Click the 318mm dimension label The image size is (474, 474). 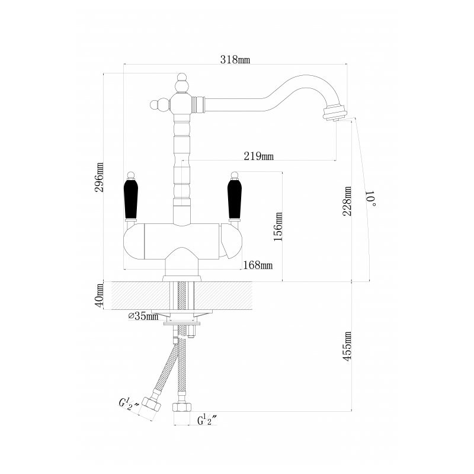coord(235,60)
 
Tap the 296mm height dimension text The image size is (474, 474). coord(99,177)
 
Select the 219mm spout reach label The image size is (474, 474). coord(259,156)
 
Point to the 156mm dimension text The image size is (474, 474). coord(278,226)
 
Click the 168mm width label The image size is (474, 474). coord(258,265)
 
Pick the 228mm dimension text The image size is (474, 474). coord(347,201)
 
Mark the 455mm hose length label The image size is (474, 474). coord(347,346)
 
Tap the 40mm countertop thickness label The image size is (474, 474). coord(99,295)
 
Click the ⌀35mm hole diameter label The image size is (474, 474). coord(143,316)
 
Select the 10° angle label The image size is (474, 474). coord(371,198)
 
